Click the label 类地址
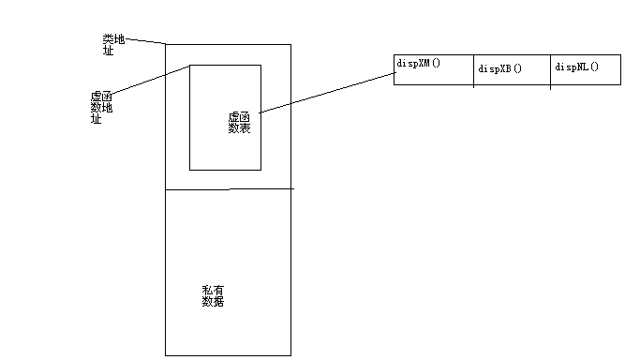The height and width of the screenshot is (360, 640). [x=113, y=44]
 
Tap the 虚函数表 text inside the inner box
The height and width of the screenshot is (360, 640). [x=239, y=122]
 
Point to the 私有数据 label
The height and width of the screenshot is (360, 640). [x=213, y=296]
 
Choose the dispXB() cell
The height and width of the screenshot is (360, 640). [x=512, y=70]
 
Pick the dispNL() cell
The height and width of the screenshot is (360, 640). [x=585, y=70]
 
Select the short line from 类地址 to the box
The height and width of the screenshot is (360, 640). [x=146, y=41]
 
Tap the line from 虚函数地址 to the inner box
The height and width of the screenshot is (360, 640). [x=150, y=81]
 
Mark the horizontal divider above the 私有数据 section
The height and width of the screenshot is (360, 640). [x=229, y=189]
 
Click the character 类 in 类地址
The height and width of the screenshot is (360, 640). [x=108, y=39]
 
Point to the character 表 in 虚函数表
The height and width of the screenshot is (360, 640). [x=245, y=127]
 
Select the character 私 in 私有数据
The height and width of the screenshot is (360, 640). [x=207, y=291]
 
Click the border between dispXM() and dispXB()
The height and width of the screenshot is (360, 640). [x=474, y=70]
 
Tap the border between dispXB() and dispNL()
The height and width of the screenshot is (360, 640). [x=550, y=70]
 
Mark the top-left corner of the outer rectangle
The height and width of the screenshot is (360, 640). [x=166, y=44]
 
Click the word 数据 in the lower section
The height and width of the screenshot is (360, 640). [x=213, y=302]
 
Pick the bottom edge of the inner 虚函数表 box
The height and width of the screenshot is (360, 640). [x=225, y=170]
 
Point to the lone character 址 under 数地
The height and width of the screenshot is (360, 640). [x=96, y=119]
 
